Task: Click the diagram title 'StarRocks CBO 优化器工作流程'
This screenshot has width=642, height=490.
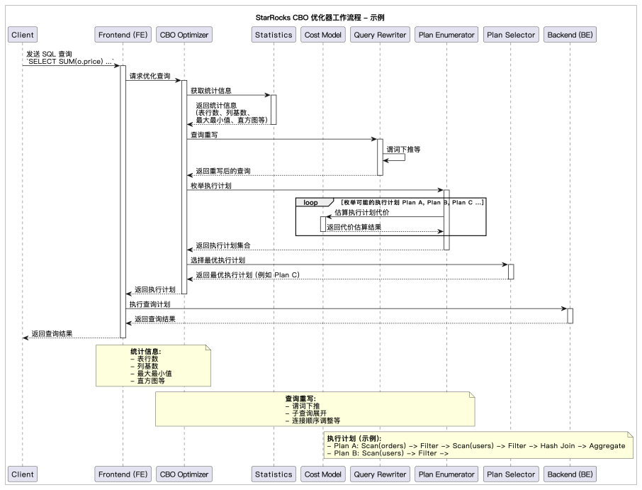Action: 320,17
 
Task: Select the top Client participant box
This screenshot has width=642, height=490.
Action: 22,35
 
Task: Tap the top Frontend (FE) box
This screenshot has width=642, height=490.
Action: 123,35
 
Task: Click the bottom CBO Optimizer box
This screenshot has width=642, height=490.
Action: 184,474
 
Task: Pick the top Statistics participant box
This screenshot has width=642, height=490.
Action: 274,35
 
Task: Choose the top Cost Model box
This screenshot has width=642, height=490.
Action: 322,35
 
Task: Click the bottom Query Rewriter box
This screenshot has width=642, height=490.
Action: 379,474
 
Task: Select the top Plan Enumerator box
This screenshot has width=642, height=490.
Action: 446,35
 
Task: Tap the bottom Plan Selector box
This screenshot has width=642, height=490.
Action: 510,474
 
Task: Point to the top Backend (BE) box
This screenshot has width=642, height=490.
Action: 570,35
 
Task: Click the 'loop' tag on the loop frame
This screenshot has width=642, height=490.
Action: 310,203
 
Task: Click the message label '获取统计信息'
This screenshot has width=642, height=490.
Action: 210,91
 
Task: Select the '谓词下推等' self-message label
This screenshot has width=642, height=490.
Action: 403,150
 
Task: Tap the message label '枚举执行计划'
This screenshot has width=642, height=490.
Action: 210,186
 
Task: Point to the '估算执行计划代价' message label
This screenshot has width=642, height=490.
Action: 361,213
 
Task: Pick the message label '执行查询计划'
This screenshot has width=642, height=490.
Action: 150,304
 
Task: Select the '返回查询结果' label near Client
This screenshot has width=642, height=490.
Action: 52,334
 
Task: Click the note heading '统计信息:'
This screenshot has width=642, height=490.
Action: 145,351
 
